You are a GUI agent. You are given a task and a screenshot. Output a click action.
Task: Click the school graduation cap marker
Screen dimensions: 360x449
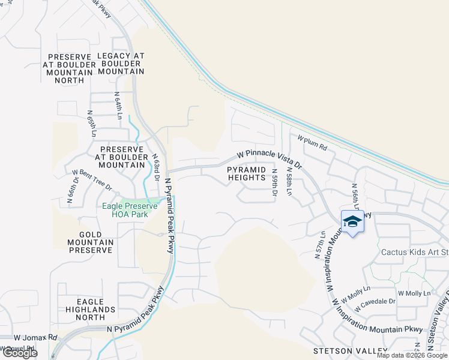(x=352, y=221)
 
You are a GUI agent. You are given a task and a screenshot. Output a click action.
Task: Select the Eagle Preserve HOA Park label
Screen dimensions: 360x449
(x=130, y=209)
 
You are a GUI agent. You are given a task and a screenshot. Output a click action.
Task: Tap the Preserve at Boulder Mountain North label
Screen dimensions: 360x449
(x=69, y=68)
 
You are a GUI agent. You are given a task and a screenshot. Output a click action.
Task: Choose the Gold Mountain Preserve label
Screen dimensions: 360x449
(x=87, y=242)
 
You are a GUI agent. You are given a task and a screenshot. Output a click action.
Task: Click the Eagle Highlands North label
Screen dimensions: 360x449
(x=87, y=310)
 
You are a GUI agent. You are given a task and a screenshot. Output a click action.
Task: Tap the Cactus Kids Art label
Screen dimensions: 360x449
(x=415, y=252)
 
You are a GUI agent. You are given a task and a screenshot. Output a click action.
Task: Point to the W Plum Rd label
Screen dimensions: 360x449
(x=312, y=142)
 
